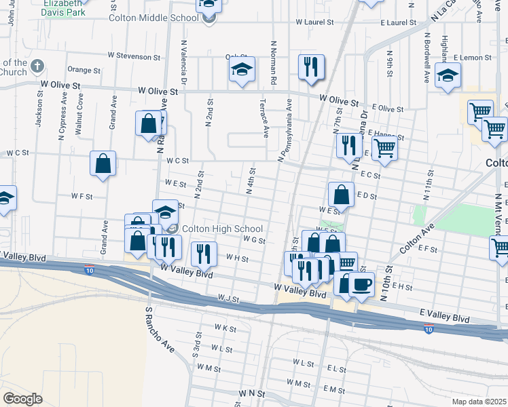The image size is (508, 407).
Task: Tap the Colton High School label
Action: (x=221, y=229)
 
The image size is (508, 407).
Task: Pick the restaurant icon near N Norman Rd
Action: (x=311, y=67)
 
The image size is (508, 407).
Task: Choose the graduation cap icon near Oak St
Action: (x=241, y=69)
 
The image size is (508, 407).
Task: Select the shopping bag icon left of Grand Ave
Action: (x=103, y=163)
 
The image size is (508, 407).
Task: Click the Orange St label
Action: (x=84, y=70)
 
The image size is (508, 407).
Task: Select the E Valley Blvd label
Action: (x=444, y=318)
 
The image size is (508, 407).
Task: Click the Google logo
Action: (x=22, y=399)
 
